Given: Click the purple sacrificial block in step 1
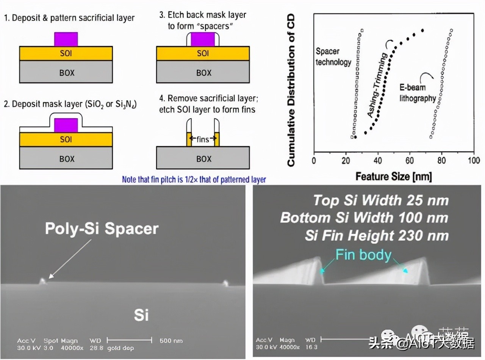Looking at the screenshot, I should [x=66, y=39].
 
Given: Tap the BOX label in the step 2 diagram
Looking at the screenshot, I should [x=67, y=159].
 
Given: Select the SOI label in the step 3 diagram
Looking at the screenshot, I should [x=203, y=53].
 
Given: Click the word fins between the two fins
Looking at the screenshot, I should [x=203, y=139].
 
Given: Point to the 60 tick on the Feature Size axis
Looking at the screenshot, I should [x=410, y=160].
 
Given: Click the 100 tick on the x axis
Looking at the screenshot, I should [x=474, y=160].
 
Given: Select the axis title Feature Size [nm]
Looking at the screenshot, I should [x=393, y=177].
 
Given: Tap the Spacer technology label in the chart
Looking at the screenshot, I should [x=333, y=57].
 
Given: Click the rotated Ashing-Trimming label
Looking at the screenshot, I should [x=377, y=84].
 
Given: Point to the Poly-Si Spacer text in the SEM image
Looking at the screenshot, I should [x=102, y=229].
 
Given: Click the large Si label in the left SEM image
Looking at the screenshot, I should [x=141, y=315].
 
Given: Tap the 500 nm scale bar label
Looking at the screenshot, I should [x=171, y=341].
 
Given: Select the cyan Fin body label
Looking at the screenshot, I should [x=363, y=255].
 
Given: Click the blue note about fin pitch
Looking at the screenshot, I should [x=194, y=179].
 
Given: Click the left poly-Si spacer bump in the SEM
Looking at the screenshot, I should [x=43, y=281].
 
